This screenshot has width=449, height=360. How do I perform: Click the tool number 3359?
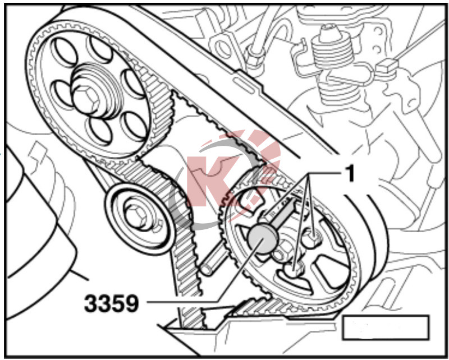112,303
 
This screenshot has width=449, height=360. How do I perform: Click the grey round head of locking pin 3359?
263,239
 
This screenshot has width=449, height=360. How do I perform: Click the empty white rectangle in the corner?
386,327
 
